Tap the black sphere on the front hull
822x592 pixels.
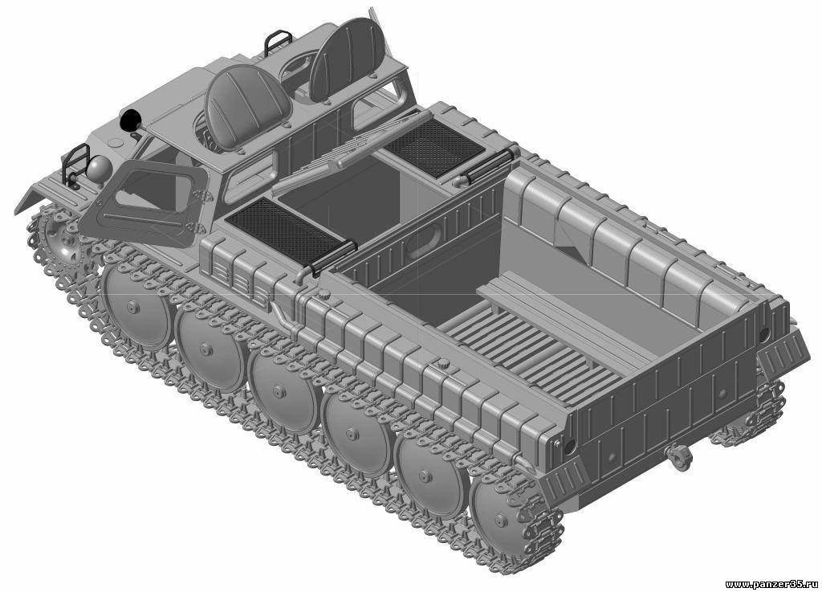point(128,121)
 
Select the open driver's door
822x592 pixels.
point(144,202)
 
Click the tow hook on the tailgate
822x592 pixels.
point(680,455)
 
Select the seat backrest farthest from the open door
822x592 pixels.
point(347,59)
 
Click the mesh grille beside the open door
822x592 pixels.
point(286,231)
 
